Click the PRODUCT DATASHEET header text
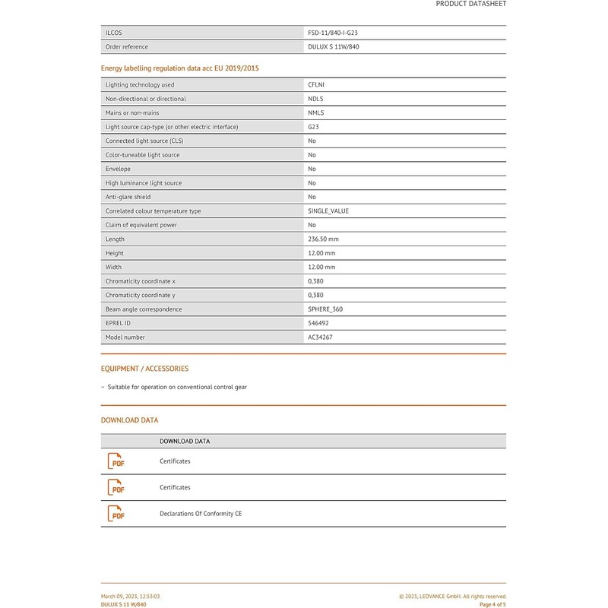pyautogui.click(x=470, y=4)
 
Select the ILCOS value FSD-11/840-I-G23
pyautogui.click(x=338, y=33)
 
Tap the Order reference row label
pyautogui.click(x=127, y=47)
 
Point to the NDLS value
pyautogui.click(x=315, y=99)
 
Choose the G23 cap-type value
pyautogui.click(x=313, y=127)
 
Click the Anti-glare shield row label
pyautogui.click(x=128, y=197)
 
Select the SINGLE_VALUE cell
pyautogui.click(x=328, y=211)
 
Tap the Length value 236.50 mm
pyautogui.click(x=323, y=239)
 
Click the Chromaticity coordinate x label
pyautogui.click(x=141, y=281)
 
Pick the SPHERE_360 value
pyautogui.click(x=325, y=309)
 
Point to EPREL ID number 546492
pyautogui.click(x=318, y=323)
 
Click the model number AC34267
pyautogui.click(x=320, y=337)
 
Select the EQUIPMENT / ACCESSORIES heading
pyautogui.click(x=144, y=369)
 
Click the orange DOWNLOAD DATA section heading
pyautogui.click(x=129, y=420)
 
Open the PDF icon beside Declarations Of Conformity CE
pyautogui.click(x=116, y=514)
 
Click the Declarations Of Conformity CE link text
pyautogui.click(x=201, y=514)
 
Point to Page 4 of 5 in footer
pyautogui.click(x=492, y=605)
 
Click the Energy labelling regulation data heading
pyautogui.click(x=179, y=68)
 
